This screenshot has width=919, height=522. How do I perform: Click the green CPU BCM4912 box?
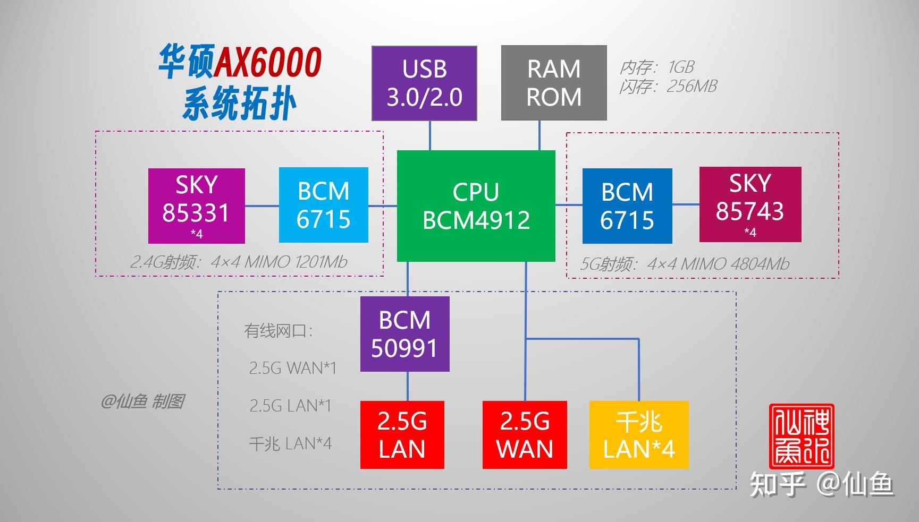476,206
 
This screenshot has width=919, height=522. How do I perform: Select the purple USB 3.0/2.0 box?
424,83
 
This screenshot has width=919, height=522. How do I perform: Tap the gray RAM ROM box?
554,83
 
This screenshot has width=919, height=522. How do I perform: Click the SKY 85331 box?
196,206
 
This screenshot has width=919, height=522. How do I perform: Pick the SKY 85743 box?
750,204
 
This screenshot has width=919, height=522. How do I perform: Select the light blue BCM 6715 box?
323,205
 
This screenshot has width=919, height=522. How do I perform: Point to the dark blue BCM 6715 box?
627,206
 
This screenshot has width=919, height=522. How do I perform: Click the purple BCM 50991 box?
404,334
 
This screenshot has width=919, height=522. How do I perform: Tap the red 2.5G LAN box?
402,435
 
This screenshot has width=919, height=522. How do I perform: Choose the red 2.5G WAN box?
525,435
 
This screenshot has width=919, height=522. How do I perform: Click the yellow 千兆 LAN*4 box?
639,435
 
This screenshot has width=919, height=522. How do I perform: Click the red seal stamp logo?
802,436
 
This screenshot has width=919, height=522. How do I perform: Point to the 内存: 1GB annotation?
657,67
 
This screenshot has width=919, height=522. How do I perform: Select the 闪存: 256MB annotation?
668,86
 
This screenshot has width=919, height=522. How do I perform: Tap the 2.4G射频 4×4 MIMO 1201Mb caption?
239,262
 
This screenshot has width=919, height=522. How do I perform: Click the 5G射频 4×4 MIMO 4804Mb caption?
685,264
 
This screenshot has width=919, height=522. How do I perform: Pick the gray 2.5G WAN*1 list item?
292,368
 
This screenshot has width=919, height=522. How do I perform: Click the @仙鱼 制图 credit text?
142,401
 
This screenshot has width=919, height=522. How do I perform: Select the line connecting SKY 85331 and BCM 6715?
262,206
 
